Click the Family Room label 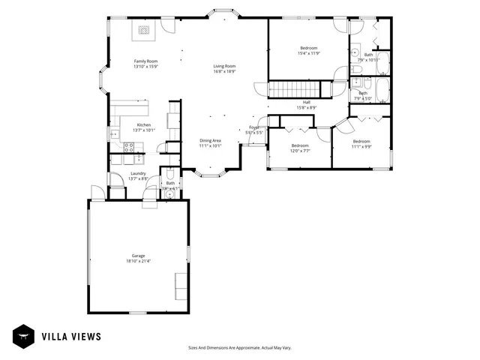[145, 61]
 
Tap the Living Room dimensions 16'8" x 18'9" [225, 72]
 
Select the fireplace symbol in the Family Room [142, 31]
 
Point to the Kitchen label [143, 124]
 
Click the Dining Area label [210, 140]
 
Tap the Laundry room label [138, 173]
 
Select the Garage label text [139, 255]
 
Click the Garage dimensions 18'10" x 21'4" [139, 261]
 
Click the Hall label [307, 102]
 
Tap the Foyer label [254, 127]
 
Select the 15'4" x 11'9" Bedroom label [309, 48]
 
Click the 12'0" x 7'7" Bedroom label [300, 145]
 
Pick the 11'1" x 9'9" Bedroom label [361, 141]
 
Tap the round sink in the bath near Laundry [170, 193]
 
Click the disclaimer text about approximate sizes [239, 347]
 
